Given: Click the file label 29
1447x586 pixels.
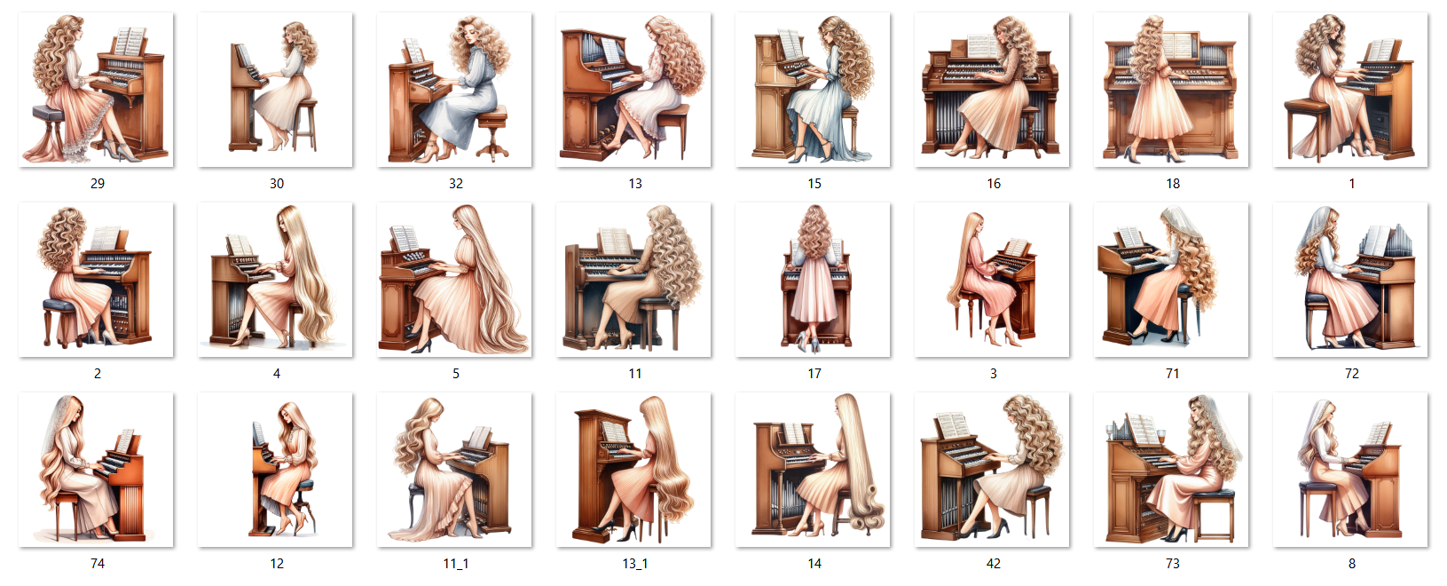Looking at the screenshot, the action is (x=97, y=184).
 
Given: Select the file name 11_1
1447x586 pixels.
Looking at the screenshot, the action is (x=455, y=564).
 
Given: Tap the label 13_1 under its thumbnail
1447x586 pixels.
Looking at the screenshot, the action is (x=635, y=564).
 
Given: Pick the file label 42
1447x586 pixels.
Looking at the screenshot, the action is (x=994, y=564).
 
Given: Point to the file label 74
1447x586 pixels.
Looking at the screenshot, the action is (x=97, y=564).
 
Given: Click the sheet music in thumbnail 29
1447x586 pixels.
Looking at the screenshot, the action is (x=130, y=42).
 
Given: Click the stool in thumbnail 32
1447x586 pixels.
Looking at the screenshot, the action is (x=493, y=134).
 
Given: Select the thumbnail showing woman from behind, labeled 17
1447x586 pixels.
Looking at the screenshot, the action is (x=813, y=280).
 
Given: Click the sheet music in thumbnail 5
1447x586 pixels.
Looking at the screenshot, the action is (x=405, y=238).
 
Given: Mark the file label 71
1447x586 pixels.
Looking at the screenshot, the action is (x=1173, y=374).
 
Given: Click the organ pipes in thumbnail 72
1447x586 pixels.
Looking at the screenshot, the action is (x=1397, y=239).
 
